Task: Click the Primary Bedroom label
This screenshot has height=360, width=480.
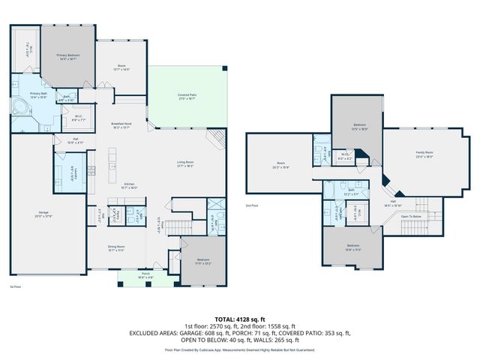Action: [67, 55]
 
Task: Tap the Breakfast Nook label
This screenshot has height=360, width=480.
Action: [121, 124]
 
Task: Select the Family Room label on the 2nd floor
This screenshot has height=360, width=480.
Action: [424, 153]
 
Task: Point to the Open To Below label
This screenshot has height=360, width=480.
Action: [411, 216]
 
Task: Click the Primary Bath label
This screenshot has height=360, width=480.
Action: [38, 94]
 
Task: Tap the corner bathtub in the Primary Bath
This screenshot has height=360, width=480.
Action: [22, 109]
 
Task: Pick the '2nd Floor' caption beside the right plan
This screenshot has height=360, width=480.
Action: [252, 205]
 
